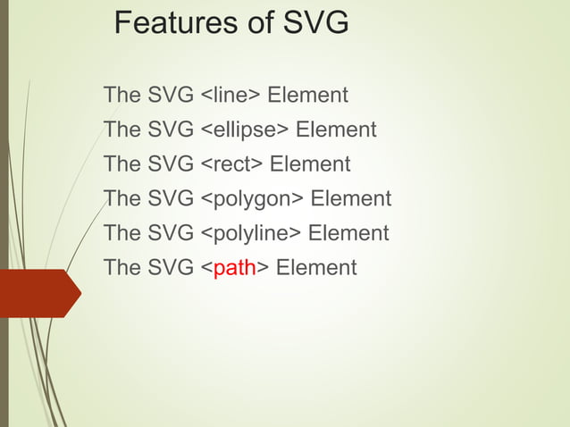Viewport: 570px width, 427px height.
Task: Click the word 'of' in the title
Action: coord(244,23)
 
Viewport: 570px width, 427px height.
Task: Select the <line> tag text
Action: coord(230,95)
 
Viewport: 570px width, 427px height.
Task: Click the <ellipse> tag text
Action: coord(244,130)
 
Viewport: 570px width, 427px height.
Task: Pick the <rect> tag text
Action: coord(231,164)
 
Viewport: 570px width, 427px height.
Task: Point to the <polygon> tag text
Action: coord(251,199)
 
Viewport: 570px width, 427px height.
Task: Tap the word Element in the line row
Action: coord(307,95)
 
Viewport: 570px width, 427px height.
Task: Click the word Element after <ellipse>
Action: coord(336,130)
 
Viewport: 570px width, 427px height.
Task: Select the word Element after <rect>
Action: coord(310,164)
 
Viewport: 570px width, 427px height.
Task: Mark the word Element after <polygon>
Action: coord(350,199)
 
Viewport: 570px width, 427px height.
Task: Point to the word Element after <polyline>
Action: coord(348,234)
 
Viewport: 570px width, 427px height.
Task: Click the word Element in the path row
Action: coord(316,268)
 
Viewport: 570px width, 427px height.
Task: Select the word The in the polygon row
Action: coord(122,199)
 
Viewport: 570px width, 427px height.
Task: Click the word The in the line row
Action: coord(122,95)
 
